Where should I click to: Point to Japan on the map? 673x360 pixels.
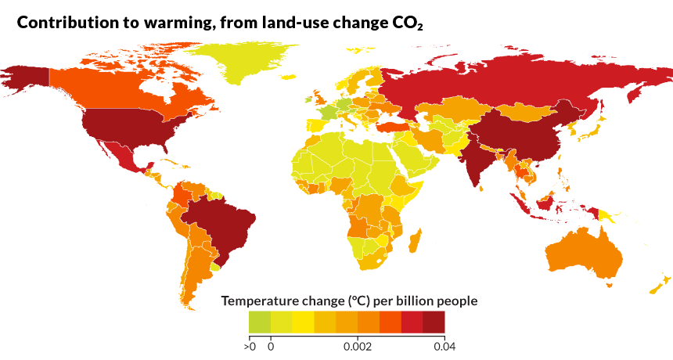[593, 129]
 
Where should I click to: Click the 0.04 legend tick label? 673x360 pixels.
[444, 345]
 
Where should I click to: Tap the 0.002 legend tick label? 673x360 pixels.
[358, 345]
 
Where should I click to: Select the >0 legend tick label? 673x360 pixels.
[250, 345]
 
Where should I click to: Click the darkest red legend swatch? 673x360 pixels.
[434, 322]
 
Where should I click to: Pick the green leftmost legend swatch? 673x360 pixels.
[260, 322]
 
